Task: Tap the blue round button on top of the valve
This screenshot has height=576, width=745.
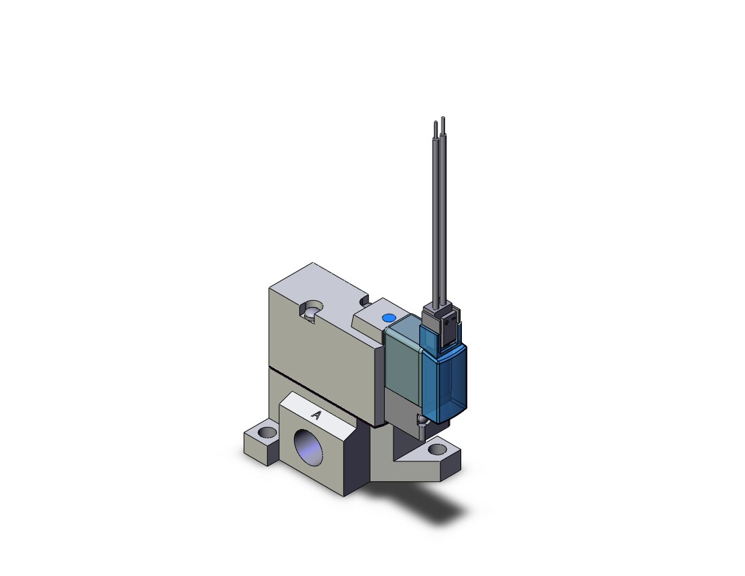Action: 389,318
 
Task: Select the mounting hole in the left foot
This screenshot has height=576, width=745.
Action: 268,432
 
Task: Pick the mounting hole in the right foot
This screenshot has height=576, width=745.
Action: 437,449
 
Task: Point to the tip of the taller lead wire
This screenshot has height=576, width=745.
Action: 443,117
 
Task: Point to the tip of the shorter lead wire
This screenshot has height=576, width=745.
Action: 435,123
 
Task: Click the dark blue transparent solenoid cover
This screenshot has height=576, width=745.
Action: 444,380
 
